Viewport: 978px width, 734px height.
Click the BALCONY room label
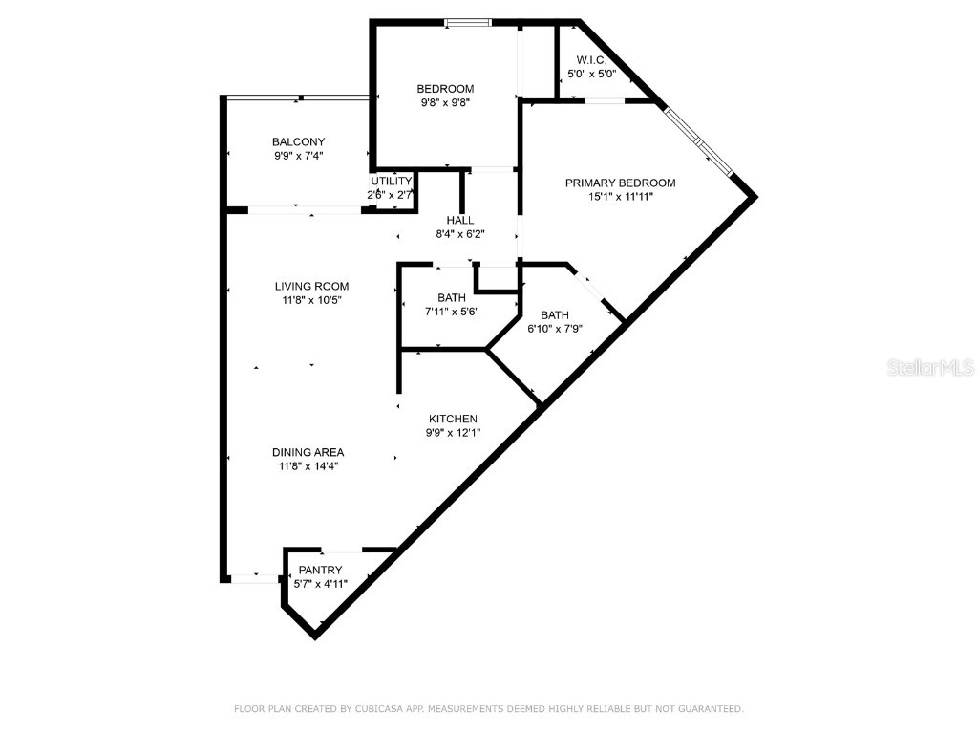(298, 141)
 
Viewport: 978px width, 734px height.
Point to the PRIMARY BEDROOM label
(620, 183)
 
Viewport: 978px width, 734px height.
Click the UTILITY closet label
(392, 182)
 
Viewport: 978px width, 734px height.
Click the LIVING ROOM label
(311, 286)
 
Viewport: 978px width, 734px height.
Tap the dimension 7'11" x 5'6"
(451, 311)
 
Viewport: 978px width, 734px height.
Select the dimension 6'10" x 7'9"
(555, 329)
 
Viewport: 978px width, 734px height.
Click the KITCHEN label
(453, 419)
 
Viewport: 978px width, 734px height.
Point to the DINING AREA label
(308, 452)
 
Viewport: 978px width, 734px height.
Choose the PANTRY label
(320, 570)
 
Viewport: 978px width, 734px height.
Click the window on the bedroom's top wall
(469, 22)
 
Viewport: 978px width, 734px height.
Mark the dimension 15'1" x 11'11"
(620, 198)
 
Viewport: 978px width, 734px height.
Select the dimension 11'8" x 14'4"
(308, 466)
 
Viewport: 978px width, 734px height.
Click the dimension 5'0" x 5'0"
(591, 74)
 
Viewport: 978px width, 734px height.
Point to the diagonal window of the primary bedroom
(699, 141)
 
